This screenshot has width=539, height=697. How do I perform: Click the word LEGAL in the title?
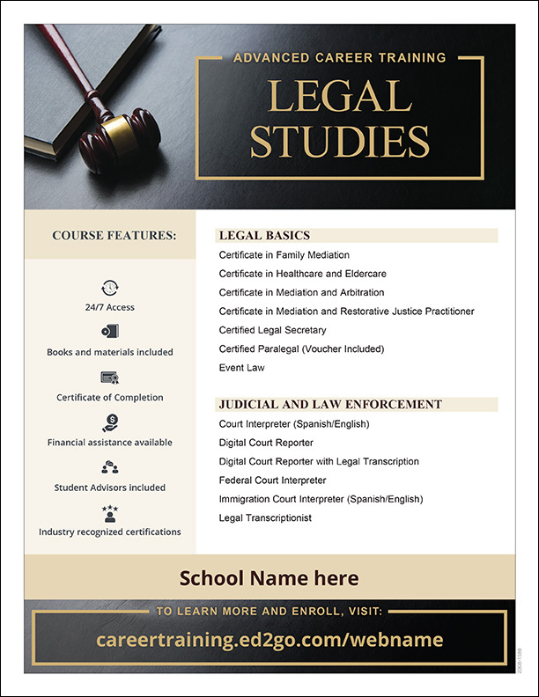tap(339, 96)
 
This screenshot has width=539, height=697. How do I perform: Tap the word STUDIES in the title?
tap(339, 142)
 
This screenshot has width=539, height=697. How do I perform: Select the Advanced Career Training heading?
tap(340, 58)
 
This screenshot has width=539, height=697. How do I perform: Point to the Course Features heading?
tap(114, 236)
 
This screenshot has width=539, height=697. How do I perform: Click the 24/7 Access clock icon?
tap(110, 287)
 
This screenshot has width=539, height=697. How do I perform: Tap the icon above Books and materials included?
tap(110, 332)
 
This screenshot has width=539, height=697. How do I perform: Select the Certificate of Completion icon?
tap(110, 378)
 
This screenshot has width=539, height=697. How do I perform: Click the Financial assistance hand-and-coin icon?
tap(110, 422)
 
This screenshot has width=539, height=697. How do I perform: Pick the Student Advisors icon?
tap(110, 467)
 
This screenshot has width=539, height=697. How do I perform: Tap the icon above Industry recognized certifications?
tap(110, 512)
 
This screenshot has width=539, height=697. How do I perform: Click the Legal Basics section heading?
tap(264, 236)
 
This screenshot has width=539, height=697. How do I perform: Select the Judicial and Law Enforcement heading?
tap(330, 405)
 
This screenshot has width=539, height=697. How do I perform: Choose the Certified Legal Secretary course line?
tap(272, 330)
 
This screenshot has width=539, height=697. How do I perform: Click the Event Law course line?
tap(241, 368)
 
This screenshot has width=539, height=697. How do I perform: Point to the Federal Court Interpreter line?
tap(272, 481)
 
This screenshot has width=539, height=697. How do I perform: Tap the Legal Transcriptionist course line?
tap(265, 518)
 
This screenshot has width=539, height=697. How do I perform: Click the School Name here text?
tap(269, 578)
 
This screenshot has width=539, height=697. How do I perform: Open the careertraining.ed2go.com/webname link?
tap(269, 640)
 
